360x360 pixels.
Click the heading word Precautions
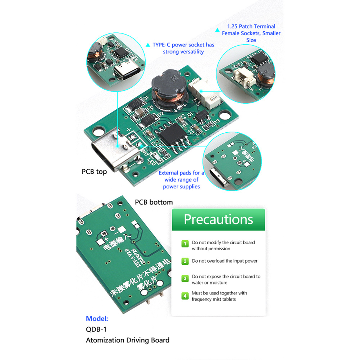[x=218, y=219]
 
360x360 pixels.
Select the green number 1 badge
[x=185, y=244]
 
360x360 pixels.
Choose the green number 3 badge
[x=185, y=278]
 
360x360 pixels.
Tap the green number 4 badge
[x=185, y=296]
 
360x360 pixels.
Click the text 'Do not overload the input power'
[x=224, y=261]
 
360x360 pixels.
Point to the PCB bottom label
[x=154, y=202]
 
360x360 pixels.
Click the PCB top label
[x=94, y=172]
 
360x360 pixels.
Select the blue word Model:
[x=97, y=318]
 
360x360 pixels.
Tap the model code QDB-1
[x=96, y=329]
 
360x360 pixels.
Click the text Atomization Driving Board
[x=127, y=340]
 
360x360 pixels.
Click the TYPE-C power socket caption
[x=183, y=48]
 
